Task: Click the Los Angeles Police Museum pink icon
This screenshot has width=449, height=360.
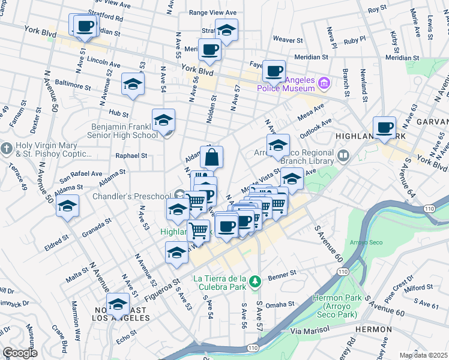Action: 324,82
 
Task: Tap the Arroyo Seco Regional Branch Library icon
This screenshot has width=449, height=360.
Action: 343,157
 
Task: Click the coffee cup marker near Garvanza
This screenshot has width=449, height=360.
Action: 384,127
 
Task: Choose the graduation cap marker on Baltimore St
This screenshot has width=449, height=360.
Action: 133,84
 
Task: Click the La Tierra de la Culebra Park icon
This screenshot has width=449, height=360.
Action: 255,281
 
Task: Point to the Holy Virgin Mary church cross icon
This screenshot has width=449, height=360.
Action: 6,148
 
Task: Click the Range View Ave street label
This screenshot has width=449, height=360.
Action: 213,12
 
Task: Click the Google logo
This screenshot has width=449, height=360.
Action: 20,353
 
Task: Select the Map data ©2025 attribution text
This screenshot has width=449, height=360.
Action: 423,355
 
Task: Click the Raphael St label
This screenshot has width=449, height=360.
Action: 131,155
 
